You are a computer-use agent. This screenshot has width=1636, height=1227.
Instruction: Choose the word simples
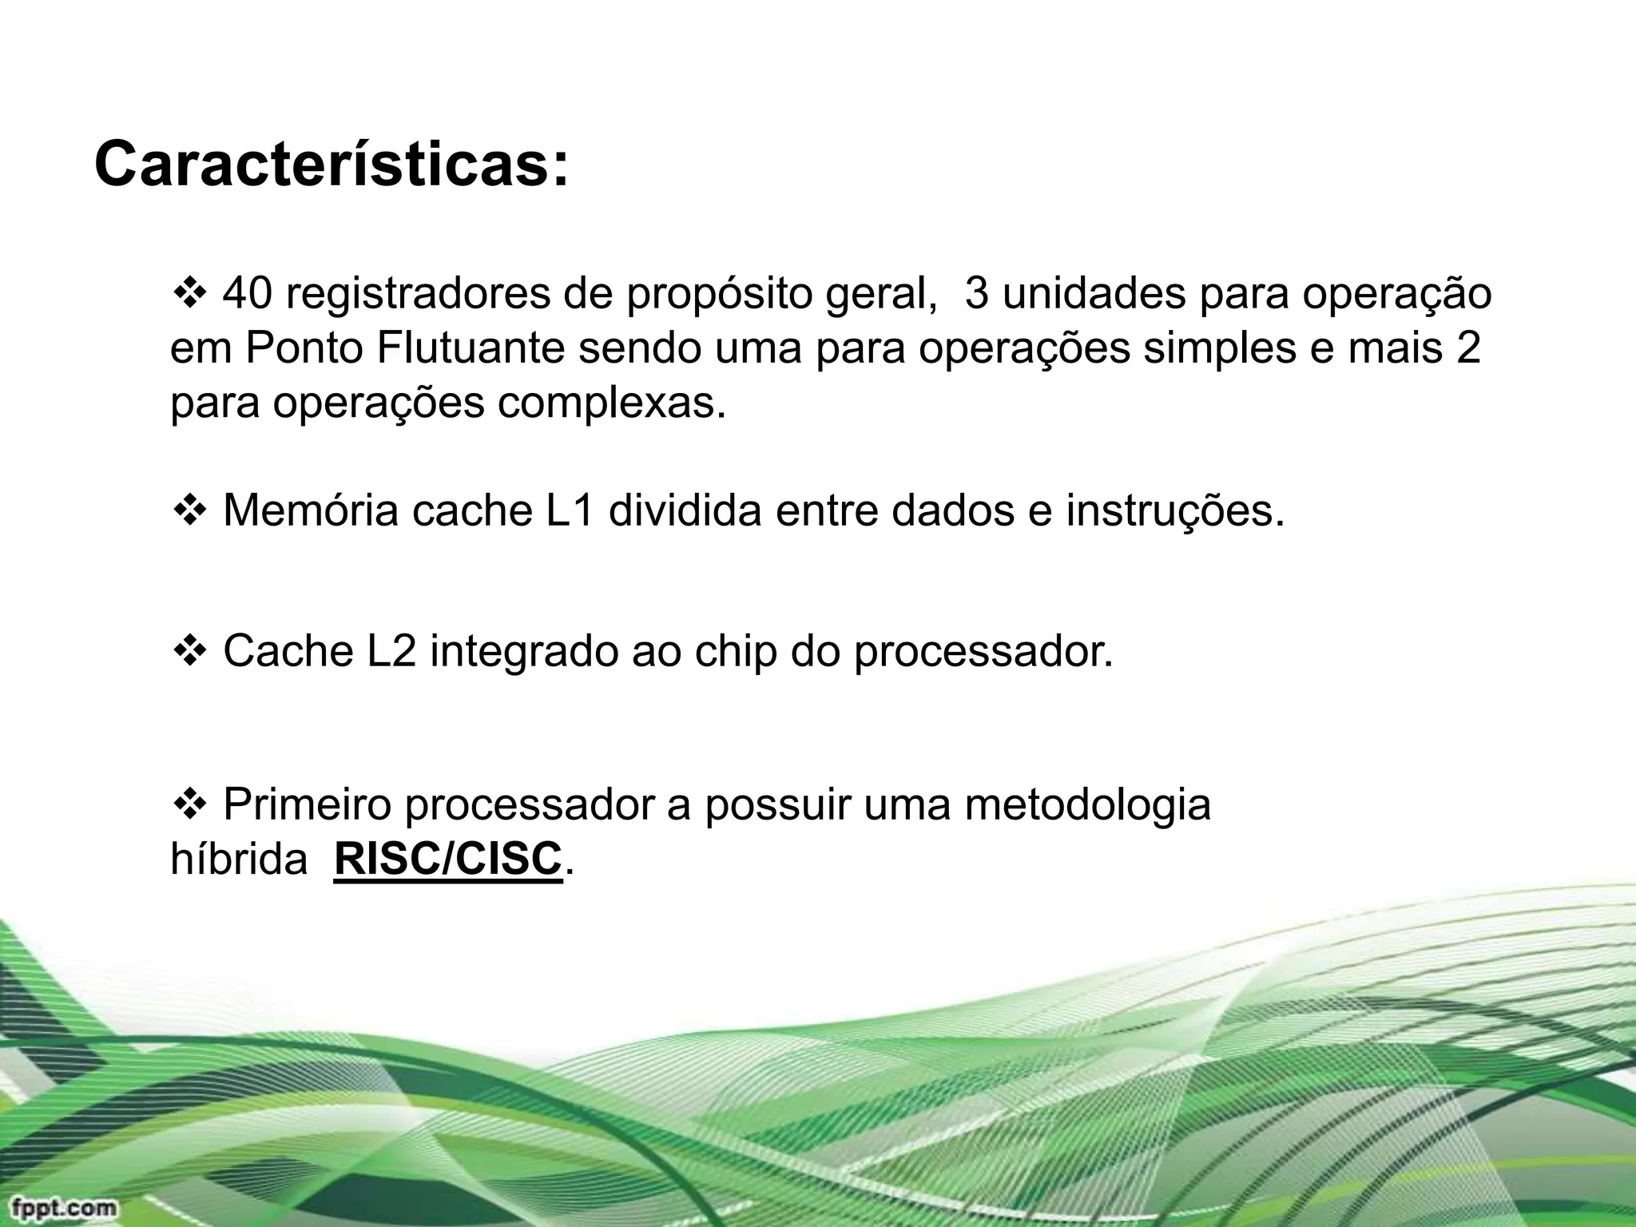click(1219, 350)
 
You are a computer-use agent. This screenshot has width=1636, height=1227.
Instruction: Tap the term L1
click(570, 510)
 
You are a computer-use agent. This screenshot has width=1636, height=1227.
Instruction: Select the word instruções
click(1174, 512)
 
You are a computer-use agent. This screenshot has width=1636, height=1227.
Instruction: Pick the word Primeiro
click(307, 804)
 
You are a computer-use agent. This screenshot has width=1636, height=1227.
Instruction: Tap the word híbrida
click(238, 860)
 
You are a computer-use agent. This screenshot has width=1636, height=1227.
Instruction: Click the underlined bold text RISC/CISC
click(448, 860)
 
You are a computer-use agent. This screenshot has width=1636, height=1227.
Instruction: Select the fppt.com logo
click(60, 1207)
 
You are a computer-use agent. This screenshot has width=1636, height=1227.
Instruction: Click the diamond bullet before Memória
click(189, 511)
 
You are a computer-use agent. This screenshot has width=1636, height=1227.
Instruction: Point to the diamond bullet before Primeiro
click(189, 804)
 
